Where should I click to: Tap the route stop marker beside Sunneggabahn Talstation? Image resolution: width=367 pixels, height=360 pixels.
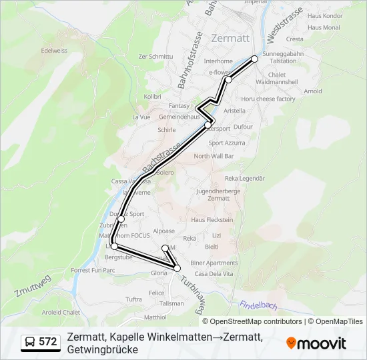click(x=254, y=59)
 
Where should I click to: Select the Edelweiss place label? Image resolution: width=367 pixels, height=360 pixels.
click(x=55, y=50)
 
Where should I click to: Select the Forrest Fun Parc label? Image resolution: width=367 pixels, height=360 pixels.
click(x=93, y=270)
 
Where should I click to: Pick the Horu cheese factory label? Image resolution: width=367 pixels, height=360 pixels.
click(x=268, y=99)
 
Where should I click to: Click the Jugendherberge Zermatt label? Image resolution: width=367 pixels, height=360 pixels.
click(x=209, y=194)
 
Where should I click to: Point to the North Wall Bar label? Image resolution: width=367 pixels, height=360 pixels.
click(x=213, y=156)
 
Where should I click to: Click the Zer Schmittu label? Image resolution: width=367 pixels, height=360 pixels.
click(x=155, y=57)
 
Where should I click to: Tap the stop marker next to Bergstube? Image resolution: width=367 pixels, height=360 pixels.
click(x=114, y=247)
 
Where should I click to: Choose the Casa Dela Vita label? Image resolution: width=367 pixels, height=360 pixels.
click(x=213, y=274)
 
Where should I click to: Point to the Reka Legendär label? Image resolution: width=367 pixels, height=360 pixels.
click(x=245, y=178)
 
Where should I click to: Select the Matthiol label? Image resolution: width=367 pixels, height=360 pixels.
click(x=155, y=317)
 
